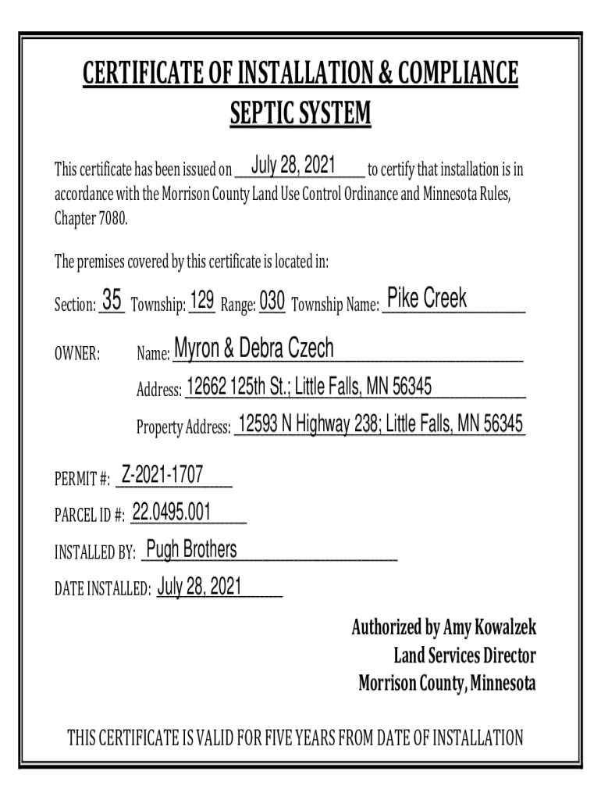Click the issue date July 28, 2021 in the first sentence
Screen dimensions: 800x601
pyautogui.click(x=293, y=166)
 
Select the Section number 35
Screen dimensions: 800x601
pyautogui.click(x=112, y=300)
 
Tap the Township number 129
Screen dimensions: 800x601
pyautogui.click(x=202, y=300)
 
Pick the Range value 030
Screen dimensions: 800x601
pyautogui.click(x=272, y=301)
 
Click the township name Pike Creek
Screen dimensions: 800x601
pyautogui.click(x=427, y=298)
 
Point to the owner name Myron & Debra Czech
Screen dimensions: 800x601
pyautogui.click(x=254, y=349)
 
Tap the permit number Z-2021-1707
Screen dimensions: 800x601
pyautogui.click(x=162, y=473)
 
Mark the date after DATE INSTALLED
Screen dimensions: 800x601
pyautogui.click(x=199, y=587)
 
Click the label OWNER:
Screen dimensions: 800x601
pyautogui.click(x=76, y=354)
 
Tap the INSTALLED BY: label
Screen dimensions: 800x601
pyautogui.click(x=94, y=554)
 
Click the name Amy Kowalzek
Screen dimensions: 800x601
pyautogui.click(x=489, y=627)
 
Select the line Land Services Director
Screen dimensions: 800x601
pyautogui.click(x=465, y=655)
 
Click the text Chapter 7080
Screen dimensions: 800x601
pyautogui.click(x=90, y=217)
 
